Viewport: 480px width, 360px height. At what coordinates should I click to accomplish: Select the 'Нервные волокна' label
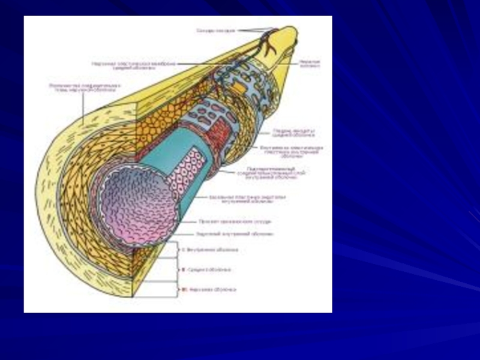pyautogui.click(x=310, y=64)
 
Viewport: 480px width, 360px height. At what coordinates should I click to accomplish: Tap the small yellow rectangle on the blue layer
pyautogui.click(x=239, y=88)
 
